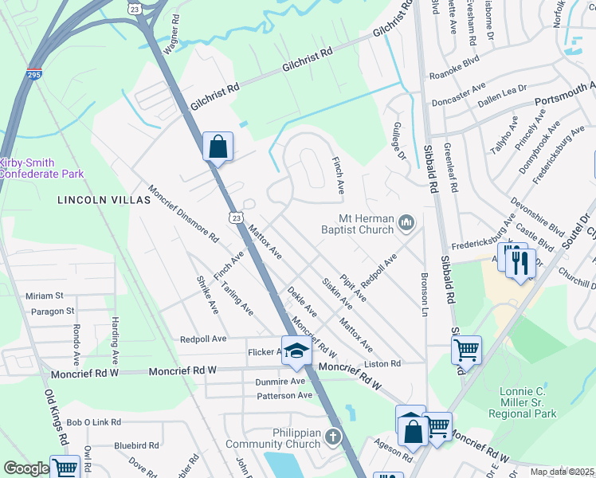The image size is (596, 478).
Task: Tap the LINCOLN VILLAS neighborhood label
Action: [x=104, y=201]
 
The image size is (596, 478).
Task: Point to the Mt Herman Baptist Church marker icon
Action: [x=407, y=222]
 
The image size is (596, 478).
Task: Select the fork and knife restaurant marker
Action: [x=520, y=262]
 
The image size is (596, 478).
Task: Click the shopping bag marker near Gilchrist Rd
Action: [x=218, y=147]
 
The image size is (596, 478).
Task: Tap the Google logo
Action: [x=26, y=468]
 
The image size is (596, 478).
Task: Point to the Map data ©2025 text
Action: [x=562, y=472]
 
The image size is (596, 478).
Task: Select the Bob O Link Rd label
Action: [x=93, y=422]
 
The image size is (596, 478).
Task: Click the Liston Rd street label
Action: [x=382, y=363]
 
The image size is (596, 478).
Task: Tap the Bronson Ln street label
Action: [x=424, y=295]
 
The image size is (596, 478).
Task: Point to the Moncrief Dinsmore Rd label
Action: [x=183, y=214]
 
